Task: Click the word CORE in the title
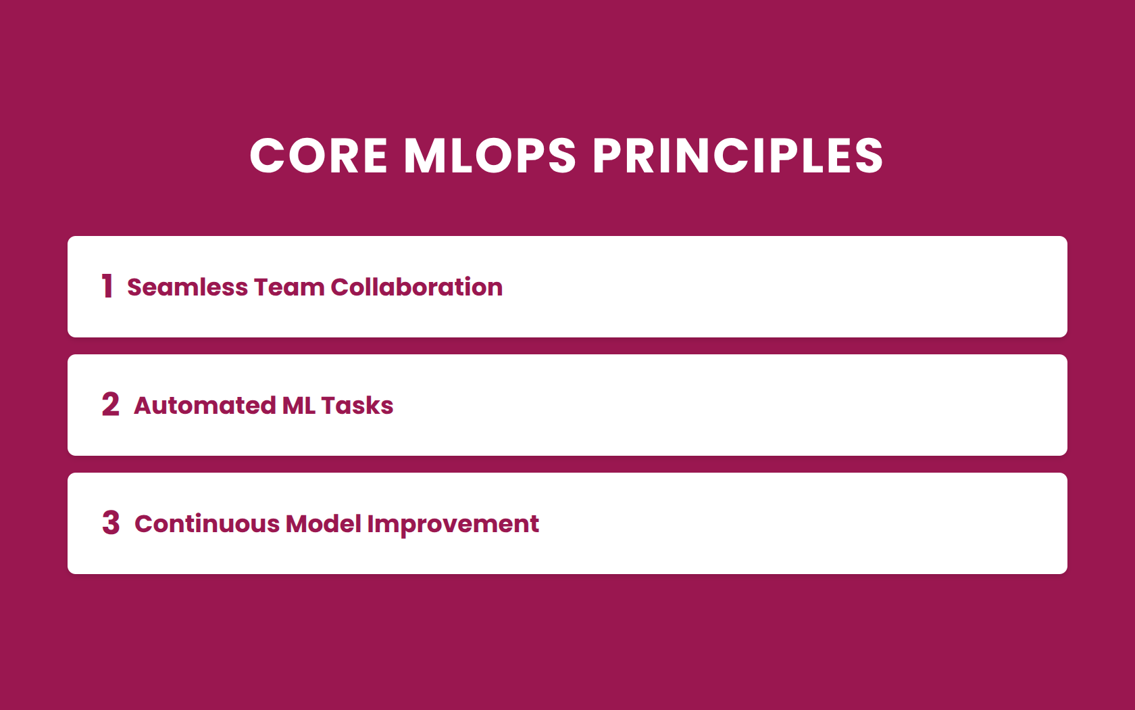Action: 319,156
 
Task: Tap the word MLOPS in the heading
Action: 490,156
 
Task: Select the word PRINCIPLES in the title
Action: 738,156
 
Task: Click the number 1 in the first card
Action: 107,286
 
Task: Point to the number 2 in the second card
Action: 111,404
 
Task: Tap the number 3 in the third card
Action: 111,523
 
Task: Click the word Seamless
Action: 187,287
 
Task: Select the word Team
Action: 289,287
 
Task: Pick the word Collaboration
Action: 416,287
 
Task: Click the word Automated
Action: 205,406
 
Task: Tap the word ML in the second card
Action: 299,406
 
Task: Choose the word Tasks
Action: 357,406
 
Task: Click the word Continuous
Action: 207,524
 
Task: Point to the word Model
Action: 323,524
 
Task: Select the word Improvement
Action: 453,525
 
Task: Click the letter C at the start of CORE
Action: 268,156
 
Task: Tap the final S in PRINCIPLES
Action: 867,156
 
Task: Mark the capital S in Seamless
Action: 135,287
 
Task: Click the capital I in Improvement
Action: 370,524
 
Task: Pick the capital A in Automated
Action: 144,406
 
